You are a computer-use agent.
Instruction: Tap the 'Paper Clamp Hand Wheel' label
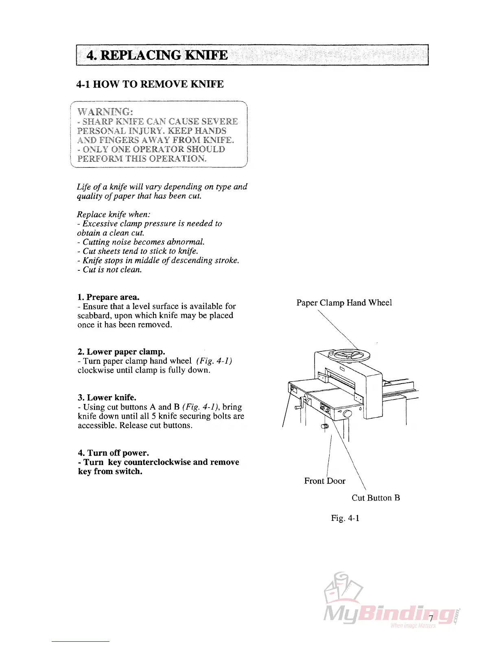[x=344, y=303]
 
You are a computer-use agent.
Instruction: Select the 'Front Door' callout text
[x=324, y=481]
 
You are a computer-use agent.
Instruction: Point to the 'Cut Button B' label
[x=376, y=498]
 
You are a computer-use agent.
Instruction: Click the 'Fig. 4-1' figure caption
[x=345, y=518]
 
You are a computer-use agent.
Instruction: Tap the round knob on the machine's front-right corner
[x=347, y=414]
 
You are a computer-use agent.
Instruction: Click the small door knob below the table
[x=325, y=426]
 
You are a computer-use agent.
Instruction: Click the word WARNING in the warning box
[x=105, y=112]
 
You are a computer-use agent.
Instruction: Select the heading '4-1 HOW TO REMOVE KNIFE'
[x=150, y=84]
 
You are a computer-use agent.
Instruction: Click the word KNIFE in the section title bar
[x=206, y=55]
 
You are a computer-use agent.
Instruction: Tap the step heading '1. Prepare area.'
[x=108, y=297]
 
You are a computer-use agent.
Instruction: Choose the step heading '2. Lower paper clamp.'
[x=121, y=352]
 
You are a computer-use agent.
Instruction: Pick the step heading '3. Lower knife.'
[x=107, y=397]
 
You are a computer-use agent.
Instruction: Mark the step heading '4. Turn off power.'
[x=113, y=453]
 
